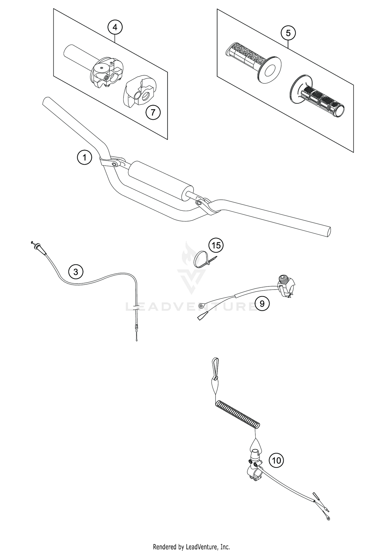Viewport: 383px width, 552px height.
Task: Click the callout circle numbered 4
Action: pos(115,27)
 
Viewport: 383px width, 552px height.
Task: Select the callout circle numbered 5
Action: pos(288,33)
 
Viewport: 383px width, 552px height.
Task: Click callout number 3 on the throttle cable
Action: pos(76,272)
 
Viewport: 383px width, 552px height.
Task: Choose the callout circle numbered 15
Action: pos(216,245)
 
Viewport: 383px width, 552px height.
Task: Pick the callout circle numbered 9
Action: pos(262,303)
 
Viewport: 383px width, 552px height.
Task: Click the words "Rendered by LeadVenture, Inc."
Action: pos(191,545)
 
